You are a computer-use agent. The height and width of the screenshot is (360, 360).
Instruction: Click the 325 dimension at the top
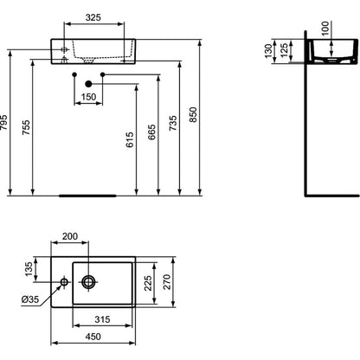tap(93, 17)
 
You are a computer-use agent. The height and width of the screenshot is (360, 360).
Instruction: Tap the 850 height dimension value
tap(193, 114)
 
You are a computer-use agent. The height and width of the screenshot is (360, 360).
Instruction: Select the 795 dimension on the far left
tap(3, 123)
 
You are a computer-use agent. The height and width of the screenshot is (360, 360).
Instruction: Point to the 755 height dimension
tap(26, 127)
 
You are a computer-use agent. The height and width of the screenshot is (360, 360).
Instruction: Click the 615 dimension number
tap(130, 139)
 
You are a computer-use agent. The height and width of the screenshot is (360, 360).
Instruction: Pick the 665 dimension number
tap(151, 132)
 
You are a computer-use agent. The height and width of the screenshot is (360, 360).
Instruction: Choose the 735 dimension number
tap(173, 123)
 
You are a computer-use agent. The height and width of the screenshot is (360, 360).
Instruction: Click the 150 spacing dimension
tap(88, 97)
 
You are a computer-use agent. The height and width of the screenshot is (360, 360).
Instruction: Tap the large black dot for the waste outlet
tap(88, 84)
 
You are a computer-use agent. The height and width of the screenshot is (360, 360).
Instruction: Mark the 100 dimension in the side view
tap(325, 29)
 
